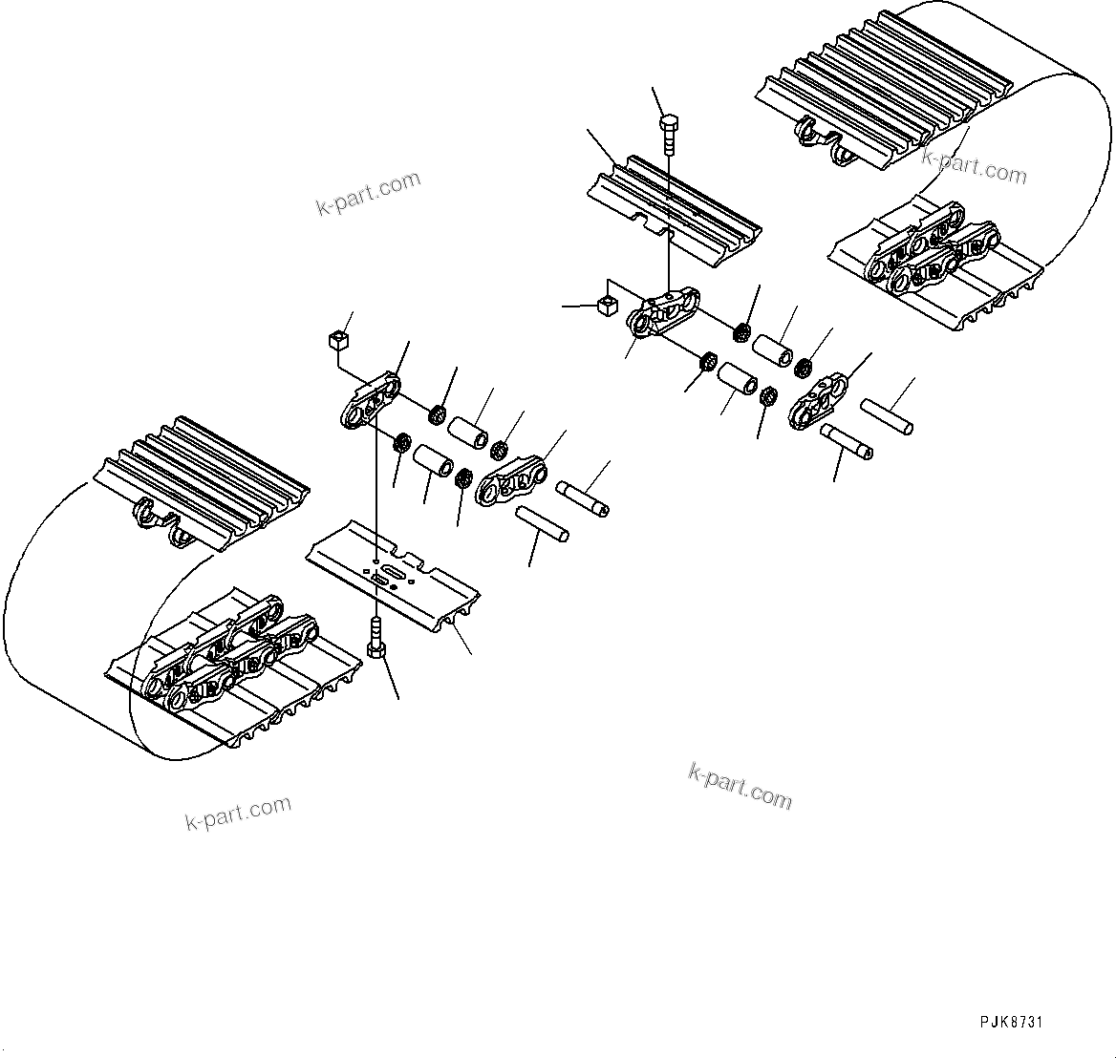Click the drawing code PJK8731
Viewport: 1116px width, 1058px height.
tap(1011, 1022)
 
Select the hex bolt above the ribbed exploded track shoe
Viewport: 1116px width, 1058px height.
tap(668, 132)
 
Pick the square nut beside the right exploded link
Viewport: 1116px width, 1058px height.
tap(604, 305)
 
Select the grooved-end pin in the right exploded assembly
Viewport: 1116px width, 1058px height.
tap(847, 440)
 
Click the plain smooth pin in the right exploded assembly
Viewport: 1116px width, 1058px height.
tap(886, 415)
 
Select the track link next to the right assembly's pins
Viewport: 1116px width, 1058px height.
tap(818, 401)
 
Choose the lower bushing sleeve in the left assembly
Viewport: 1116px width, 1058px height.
tap(433, 461)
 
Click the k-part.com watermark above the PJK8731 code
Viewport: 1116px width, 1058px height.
tap(740, 786)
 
